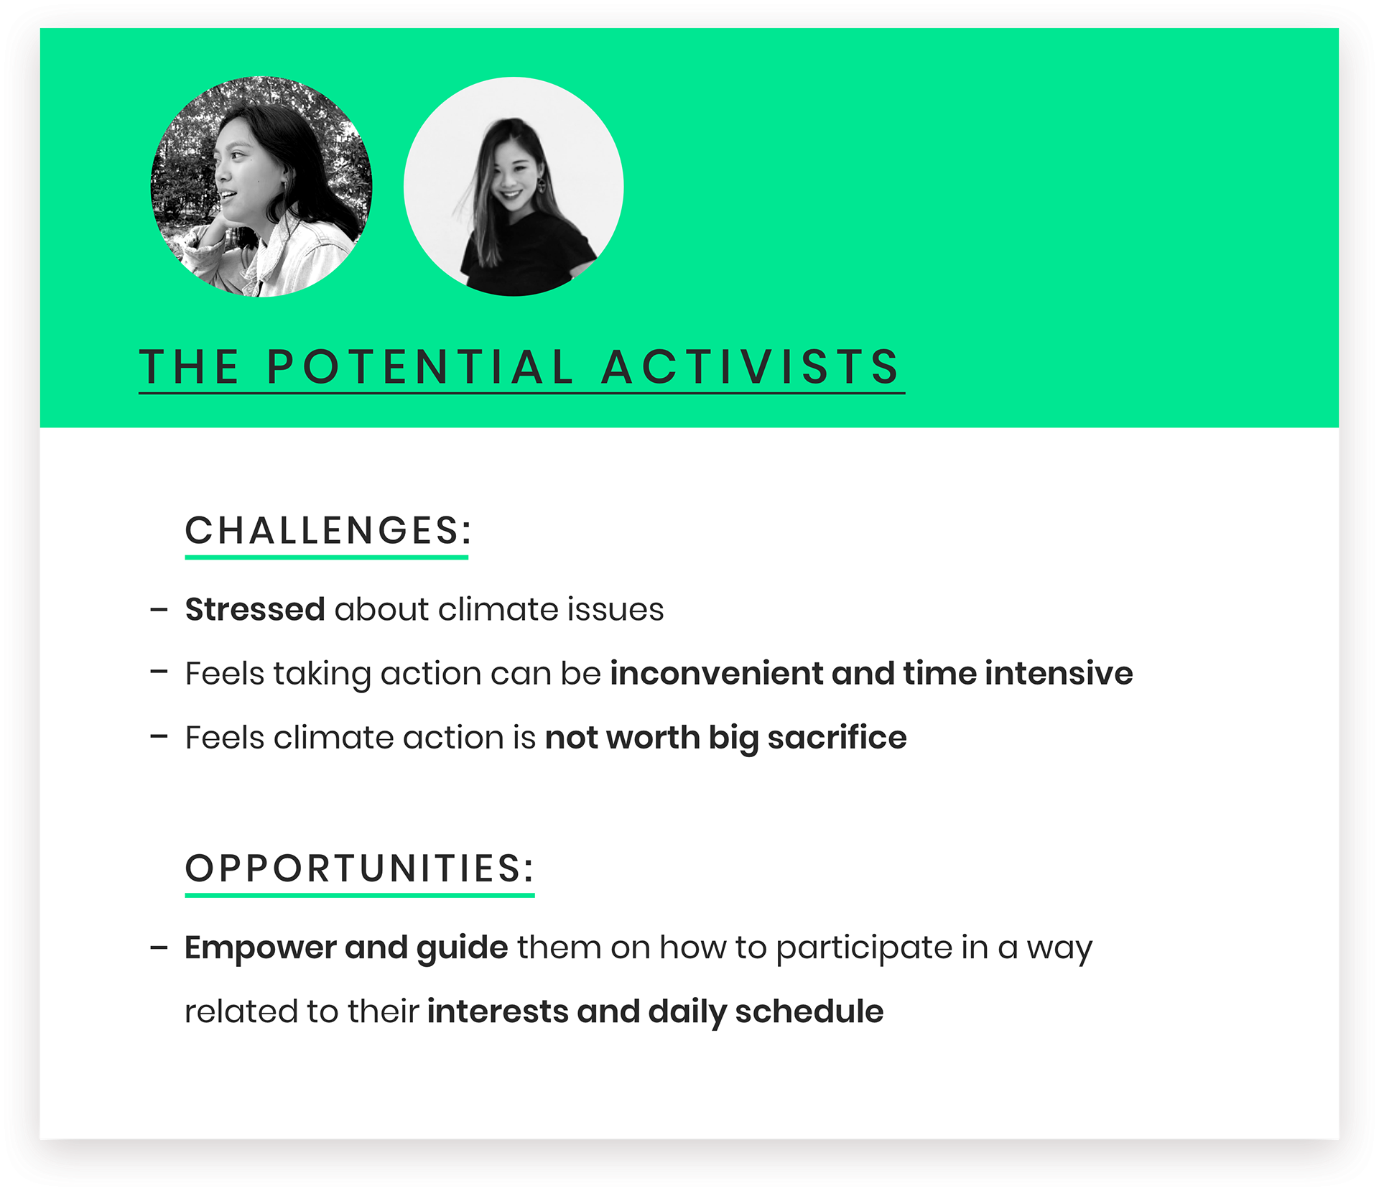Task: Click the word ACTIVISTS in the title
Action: coord(750,367)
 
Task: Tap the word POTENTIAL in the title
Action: coord(420,367)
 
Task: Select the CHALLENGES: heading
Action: coord(328,530)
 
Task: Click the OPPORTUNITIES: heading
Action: coord(360,868)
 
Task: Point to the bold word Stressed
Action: coord(255,609)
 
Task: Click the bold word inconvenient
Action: coord(716,673)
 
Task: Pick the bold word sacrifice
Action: coord(837,737)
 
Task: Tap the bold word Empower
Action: coord(260,947)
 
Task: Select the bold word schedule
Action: coord(809,1011)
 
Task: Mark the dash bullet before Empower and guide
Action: coord(159,948)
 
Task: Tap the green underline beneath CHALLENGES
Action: coord(326,557)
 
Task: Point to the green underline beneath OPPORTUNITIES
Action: coord(360,895)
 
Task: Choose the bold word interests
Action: coord(497,1011)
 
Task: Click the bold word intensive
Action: coord(1059,673)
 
